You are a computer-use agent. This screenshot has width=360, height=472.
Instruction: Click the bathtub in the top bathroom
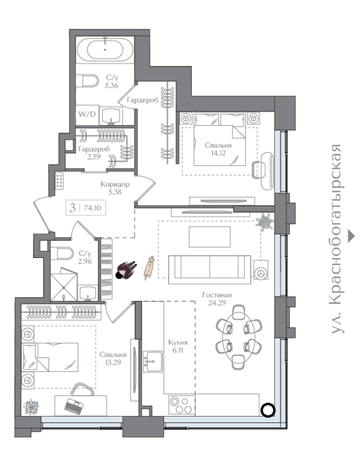click(104, 50)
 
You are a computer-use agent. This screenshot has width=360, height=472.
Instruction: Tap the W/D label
click(87, 114)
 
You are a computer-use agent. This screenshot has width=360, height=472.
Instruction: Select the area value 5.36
click(112, 86)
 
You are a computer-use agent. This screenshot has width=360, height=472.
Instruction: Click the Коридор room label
click(114, 184)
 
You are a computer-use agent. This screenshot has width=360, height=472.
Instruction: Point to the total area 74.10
click(93, 208)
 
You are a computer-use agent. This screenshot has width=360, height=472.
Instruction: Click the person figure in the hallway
click(126, 270)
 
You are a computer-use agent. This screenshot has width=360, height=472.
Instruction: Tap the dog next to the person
click(149, 268)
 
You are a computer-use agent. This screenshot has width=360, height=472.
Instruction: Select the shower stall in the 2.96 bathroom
click(64, 284)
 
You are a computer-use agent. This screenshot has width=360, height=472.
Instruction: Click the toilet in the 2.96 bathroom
click(62, 254)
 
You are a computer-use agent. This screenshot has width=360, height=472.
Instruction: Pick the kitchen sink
click(153, 361)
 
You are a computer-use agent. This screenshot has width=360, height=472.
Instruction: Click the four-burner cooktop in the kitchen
click(182, 405)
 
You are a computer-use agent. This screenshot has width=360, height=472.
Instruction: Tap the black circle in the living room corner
click(267, 409)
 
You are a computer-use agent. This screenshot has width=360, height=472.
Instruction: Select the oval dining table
click(238, 337)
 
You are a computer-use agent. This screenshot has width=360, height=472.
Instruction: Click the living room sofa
click(210, 270)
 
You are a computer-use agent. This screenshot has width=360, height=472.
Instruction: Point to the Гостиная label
click(217, 294)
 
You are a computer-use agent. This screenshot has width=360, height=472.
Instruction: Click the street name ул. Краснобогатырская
click(336, 239)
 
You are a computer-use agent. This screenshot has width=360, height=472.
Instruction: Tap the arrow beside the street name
click(351, 236)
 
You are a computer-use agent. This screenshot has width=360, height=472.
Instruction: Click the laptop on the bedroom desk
click(74, 407)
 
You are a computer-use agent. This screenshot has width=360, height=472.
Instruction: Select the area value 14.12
click(218, 153)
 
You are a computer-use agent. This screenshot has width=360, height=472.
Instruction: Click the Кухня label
click(178, 342)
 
